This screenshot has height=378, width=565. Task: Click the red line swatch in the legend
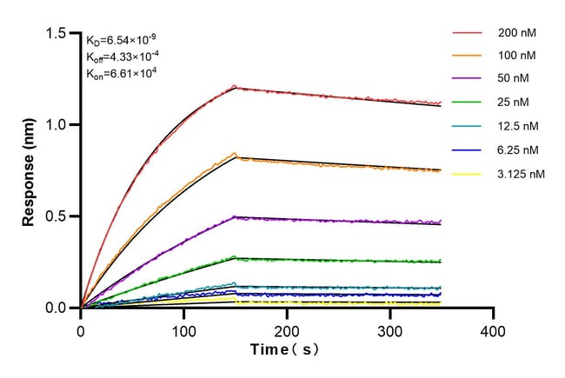coord(466,32)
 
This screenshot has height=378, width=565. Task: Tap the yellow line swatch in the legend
coord(466,174)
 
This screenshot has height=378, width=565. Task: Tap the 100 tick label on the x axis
coord(184,331)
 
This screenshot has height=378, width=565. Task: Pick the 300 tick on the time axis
coord(390,331)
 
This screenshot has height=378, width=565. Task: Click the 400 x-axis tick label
coord(494,331)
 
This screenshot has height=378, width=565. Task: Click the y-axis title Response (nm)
coord(30,170)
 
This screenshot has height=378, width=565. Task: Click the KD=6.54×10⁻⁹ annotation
coord(121,39)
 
